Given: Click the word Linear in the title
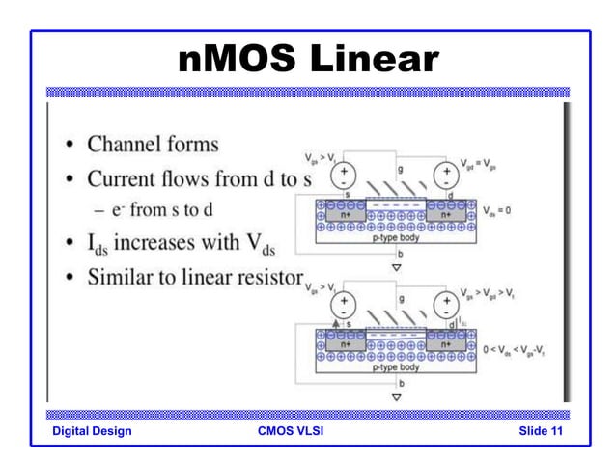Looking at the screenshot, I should [x=372, y=60].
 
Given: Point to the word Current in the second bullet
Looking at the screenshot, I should [x=126, y=179].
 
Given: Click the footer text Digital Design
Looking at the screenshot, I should [x=93, y=430].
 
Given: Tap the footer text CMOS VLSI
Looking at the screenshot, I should [x=291, y=430].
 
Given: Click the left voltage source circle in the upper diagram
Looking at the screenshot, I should [x=344, y=176].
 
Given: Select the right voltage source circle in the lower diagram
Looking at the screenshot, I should [x=445, y=305].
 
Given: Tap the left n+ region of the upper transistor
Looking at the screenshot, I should [x=346, y=215].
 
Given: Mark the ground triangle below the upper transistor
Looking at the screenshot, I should [x=396, y=267].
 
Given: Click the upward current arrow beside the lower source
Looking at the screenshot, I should [x=336, y=325].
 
